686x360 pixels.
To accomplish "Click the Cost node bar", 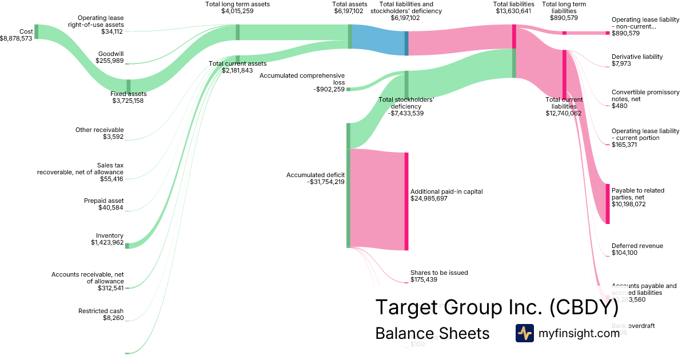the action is (36, 31).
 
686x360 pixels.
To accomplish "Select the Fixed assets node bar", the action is (128, 86).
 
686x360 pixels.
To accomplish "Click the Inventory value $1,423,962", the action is (107, 242).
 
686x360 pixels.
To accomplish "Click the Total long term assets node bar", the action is (237, 32).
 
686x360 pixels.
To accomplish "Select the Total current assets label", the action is (237, 63).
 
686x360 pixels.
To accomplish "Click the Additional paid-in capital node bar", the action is (406, 201).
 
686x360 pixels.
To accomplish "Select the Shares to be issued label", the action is (439, 273).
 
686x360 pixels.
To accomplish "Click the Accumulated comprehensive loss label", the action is (317, 78).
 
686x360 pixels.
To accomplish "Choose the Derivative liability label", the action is (637, 57).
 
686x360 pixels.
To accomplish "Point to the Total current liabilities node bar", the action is (564, 74).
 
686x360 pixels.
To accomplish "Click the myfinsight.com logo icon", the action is (524, 333).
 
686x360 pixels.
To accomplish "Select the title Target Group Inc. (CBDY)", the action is (496, 307).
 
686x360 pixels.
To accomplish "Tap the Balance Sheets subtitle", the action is (432, 333).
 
